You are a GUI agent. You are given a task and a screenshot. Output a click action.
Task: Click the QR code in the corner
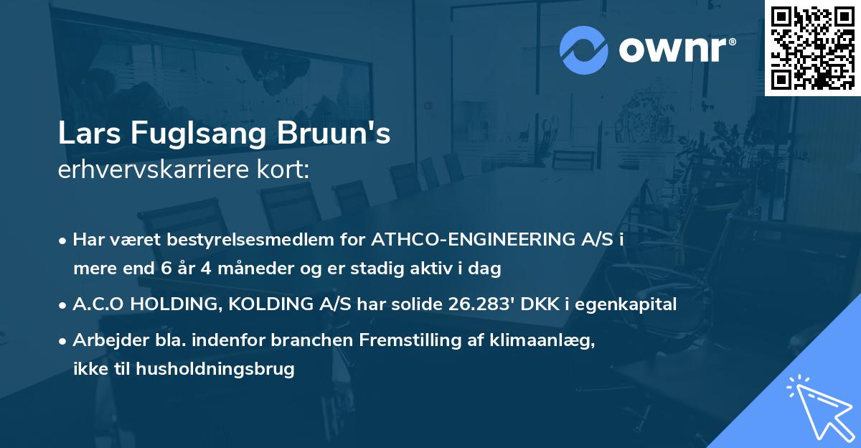tap(812, 48)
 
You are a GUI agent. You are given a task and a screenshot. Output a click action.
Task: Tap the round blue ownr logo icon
tap(583, 49)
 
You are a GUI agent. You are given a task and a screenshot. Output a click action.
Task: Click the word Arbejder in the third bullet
tap(103, 341)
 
